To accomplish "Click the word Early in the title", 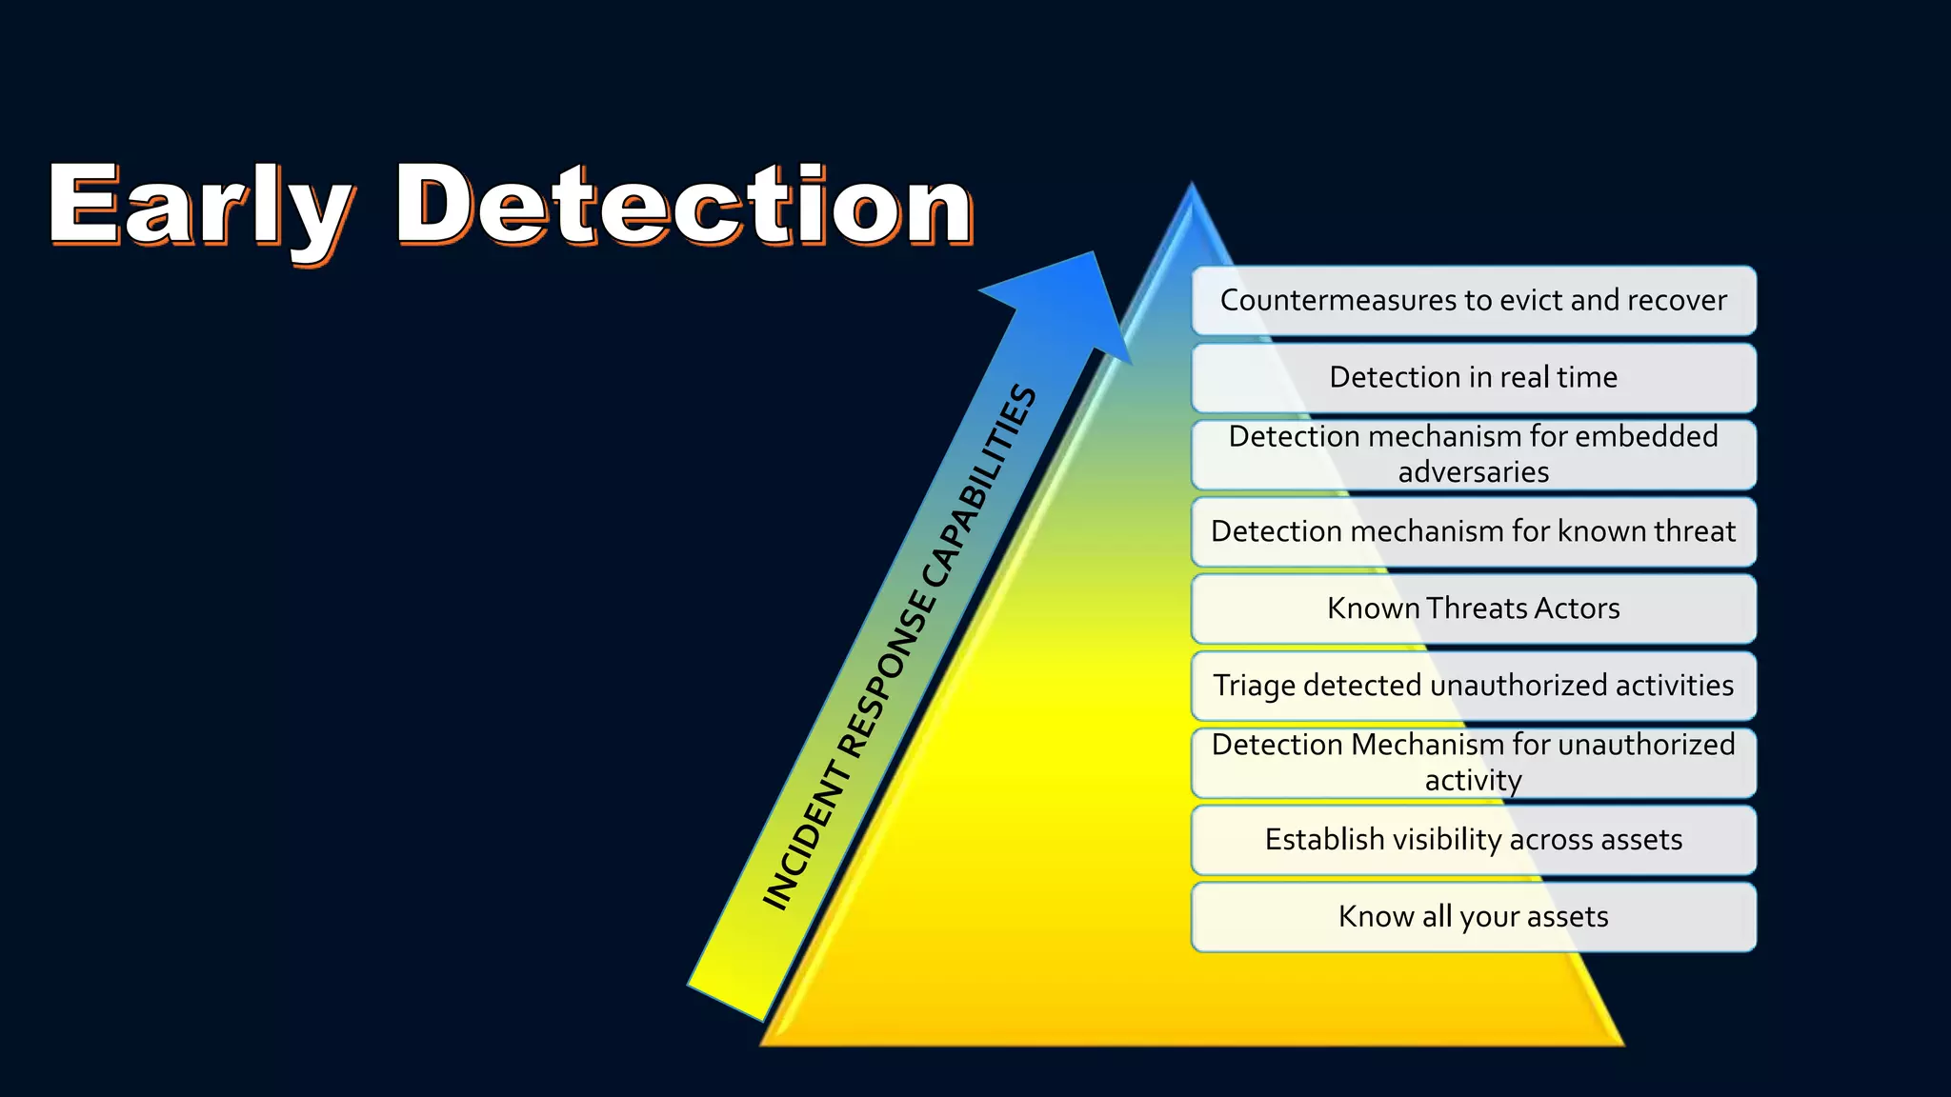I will (x=200, y=205).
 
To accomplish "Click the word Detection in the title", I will (x=684, y=205).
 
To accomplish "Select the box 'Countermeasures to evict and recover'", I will (x=1473, y=301).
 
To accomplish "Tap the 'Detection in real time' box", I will (x=1473, y=378).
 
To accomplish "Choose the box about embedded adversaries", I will (x=1473, y=454).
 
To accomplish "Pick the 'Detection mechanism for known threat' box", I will (x=1473, y=531).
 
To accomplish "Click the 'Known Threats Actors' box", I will (x=1473, y=608).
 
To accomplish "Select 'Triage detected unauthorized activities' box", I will (x=1473, y=686).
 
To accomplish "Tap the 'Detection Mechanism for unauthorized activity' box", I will (x=1473, y=763).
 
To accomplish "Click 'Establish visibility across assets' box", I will (x=1473, y=840).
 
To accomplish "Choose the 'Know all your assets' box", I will (x=1473, y=917).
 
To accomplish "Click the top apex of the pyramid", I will (x=1192, y=186).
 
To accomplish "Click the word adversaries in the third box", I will (x=1473, y=472).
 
